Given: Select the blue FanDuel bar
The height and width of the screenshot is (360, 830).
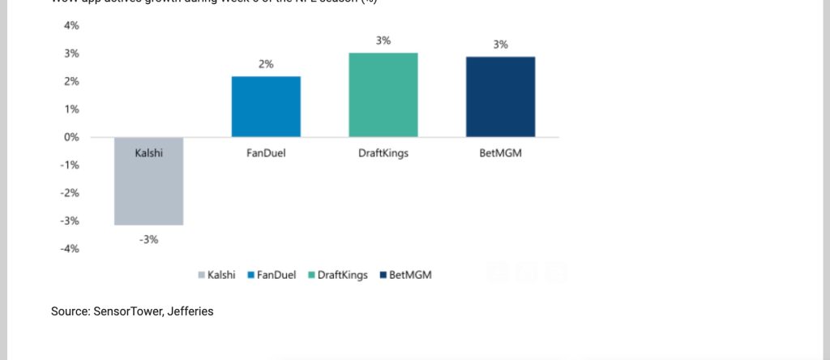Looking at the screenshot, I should coord(266,106).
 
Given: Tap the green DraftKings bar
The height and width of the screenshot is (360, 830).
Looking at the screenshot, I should coord(383,95).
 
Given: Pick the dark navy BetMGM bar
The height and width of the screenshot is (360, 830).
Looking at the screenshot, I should coord(500,96).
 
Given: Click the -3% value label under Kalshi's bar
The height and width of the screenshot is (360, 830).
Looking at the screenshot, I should coord(148,239).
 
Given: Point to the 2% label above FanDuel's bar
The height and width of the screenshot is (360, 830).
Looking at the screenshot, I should coord(266,64).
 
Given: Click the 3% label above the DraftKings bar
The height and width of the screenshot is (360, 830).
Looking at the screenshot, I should coord(383,41).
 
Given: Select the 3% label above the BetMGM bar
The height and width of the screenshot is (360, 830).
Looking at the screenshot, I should coord(500,45).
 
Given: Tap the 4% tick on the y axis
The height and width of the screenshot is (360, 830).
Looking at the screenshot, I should coord(71,26).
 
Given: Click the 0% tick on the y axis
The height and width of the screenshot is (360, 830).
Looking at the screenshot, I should coord(71,137).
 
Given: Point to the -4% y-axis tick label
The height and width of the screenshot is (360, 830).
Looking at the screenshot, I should coord(70,249).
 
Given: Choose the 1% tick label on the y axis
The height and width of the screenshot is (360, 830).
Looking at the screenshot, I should coord(71,109).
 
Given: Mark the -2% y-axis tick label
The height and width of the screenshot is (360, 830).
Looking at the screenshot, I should coord(70,193).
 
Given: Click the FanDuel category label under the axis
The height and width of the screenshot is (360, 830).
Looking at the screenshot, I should coord(266,152).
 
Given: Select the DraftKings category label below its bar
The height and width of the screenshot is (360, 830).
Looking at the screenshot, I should coord(383,152).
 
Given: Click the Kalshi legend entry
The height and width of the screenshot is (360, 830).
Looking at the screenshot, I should coord(216,275).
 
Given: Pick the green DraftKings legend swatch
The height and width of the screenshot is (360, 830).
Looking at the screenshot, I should coord(312,276).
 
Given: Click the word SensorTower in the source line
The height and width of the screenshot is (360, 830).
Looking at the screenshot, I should coord(128,311).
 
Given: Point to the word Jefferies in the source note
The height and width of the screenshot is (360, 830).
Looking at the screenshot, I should coord(190,311).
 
